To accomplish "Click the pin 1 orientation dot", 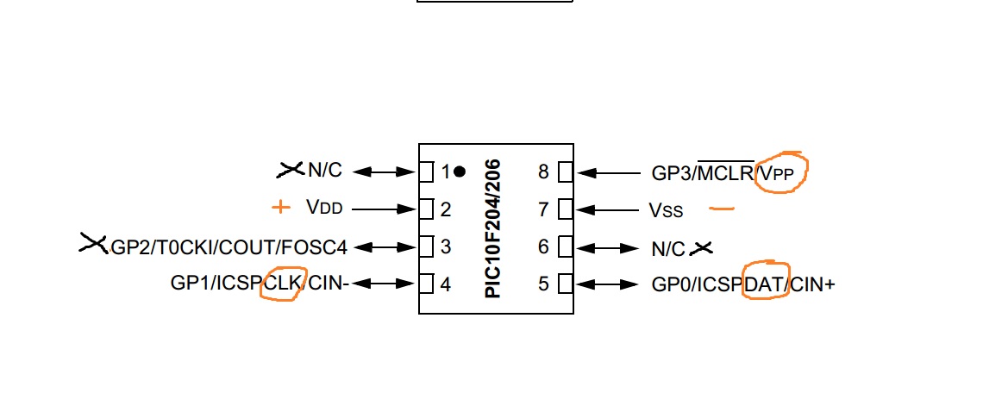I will [x=460, y=172].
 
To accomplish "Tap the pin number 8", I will [x=543, y=172].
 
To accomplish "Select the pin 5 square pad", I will [x=565, y=283].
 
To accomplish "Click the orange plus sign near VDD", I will [x=279, y=207].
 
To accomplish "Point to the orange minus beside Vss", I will [x=721, y=208].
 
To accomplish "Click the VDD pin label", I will [x=323, y=208].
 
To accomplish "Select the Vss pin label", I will [x=666, y=209].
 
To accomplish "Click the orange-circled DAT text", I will [x=767, y=283].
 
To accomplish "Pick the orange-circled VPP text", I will [x=782, y=172].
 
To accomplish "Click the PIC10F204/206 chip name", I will [x=493, y=228].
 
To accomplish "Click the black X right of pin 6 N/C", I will [x=703, y=248].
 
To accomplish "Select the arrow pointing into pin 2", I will [x=384, y=209].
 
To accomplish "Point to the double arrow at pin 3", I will [x=385, y=246].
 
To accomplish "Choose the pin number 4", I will [x=446, y=283].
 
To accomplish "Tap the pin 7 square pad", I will [x=565, y=209].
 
